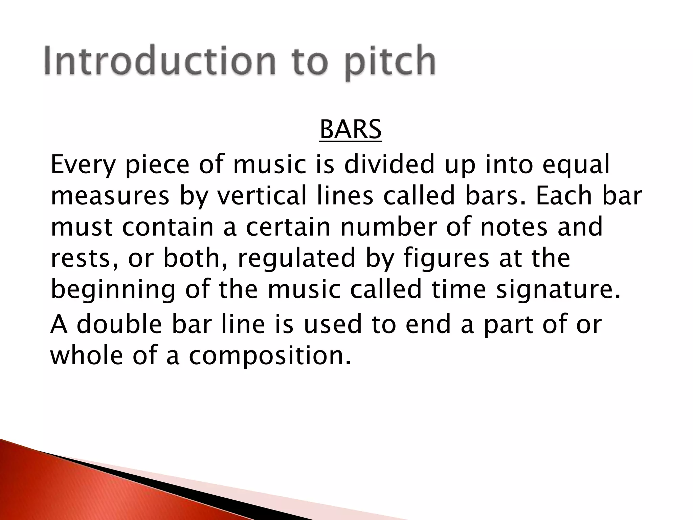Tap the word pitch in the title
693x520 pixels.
pos(390,63)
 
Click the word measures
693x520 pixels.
pos(110,196)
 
